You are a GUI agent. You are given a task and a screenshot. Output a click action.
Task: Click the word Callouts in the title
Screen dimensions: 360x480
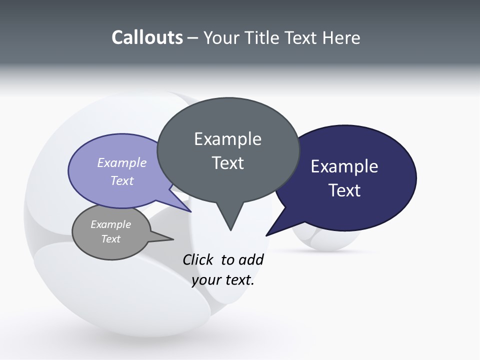147,37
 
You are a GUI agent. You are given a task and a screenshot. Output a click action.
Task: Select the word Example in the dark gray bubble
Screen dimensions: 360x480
227,139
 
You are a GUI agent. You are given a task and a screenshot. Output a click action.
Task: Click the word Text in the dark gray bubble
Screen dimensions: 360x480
227,163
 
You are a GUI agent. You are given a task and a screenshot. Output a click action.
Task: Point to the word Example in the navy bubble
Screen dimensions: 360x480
344,166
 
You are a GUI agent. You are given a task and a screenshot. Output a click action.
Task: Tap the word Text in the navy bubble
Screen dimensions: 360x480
344,190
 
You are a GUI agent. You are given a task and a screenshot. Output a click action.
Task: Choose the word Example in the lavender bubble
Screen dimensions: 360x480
122,162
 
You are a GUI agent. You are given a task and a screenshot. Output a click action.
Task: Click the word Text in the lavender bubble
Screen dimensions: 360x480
122,180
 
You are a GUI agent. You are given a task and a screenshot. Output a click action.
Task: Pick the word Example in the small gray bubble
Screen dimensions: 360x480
110,224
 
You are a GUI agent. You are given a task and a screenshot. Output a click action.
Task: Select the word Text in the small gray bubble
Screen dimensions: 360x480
110,239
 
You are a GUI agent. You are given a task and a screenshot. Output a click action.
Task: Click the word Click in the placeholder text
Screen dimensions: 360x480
198,259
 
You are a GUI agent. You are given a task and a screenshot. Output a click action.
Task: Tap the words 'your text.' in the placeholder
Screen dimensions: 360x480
223,280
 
